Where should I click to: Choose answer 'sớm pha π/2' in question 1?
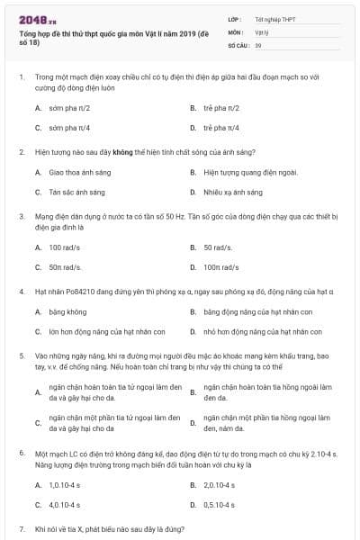[70, 107]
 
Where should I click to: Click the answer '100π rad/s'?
[221, 266]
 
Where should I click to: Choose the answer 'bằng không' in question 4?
[68, 311]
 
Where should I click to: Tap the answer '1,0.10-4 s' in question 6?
[66, 484]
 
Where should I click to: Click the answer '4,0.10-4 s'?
[66, 505]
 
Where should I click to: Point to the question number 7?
[21, 530]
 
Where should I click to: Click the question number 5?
[21, 357]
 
